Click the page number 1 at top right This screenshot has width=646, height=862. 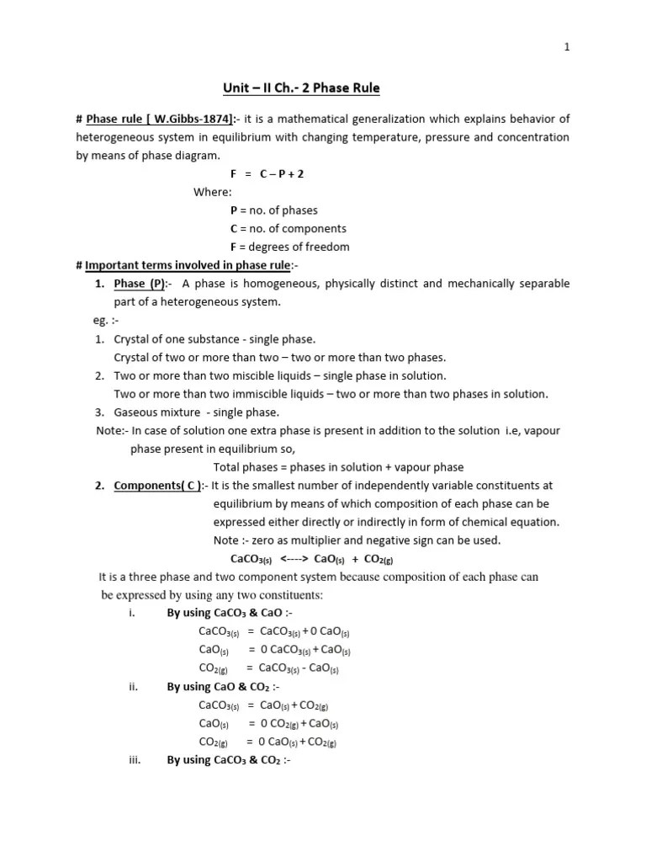pos(567,47)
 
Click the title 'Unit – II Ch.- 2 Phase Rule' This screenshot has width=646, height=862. pos(295,88)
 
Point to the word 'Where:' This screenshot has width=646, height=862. pos(212,192)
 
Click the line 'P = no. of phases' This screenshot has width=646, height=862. pos(273,210)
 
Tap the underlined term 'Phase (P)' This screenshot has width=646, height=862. pos(140,284)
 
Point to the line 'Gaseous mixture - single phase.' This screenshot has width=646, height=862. pos(197,412)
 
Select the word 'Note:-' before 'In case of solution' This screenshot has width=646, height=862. pos(113,430)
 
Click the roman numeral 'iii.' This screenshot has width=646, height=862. pos(133,760)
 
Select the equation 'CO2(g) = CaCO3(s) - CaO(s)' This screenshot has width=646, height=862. pos(268,668)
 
